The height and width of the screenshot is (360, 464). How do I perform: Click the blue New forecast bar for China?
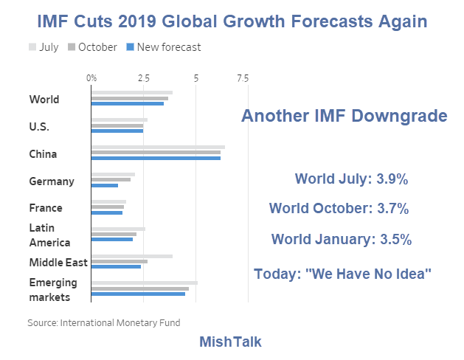[156, 158]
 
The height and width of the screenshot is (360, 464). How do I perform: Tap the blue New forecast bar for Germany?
[104, 185]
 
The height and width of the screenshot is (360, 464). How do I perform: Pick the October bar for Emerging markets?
[139, 288]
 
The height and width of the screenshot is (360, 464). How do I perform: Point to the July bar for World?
[131, 93]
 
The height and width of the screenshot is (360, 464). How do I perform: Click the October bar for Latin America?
[114, 234]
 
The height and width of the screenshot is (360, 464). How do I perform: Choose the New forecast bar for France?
[106, 212]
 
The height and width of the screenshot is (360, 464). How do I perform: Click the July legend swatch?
[32, 47]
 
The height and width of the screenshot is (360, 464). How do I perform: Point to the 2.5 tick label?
[143, 77]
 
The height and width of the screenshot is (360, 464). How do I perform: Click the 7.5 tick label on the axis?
[242, 77]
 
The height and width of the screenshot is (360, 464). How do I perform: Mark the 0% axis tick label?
[91, 77]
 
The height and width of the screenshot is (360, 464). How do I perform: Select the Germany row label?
[51, 181]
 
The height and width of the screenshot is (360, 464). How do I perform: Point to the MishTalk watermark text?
[231, 342]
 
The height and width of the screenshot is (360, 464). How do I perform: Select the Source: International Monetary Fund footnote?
[103, 322]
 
